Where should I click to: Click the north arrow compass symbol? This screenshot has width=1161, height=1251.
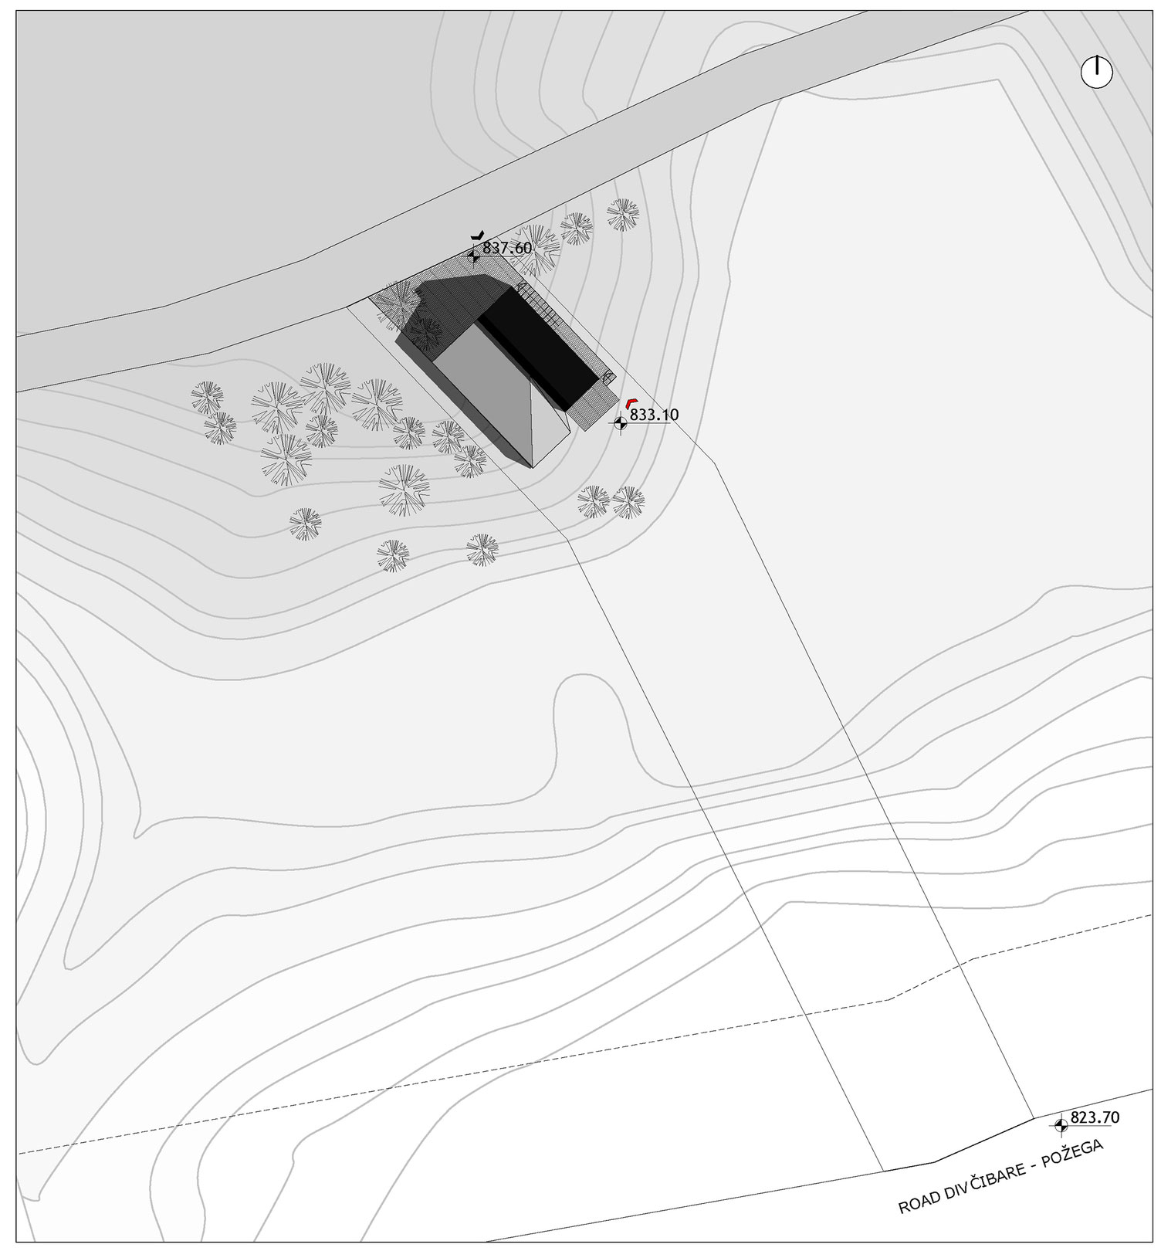pyautogui.click(x=1096, y=72)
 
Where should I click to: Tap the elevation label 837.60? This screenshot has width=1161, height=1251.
pyautogui.click(x=507, y=248)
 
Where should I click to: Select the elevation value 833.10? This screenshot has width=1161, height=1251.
pyautogui.click(x=655, y=415)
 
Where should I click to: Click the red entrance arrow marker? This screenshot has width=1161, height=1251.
pyautogui.click(x=631, y=402)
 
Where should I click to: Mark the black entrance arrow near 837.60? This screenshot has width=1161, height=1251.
pyautogui.click(x=478, y=235)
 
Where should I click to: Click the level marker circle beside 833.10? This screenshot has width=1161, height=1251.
pyautogui.click(x=620, y=422)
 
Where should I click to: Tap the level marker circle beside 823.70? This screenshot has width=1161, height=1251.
pyautogui.click(x=1061, y=1125)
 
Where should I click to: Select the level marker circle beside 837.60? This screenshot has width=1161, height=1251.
pyautogui.click(x=473, y=255)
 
